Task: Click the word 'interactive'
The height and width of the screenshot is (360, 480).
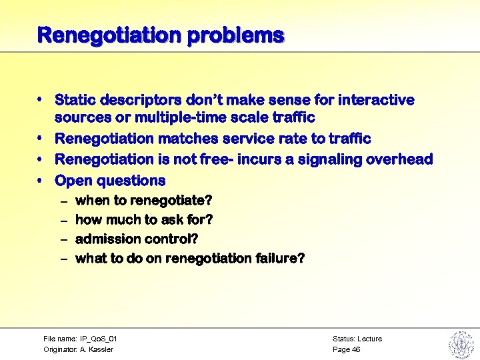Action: [x=377, y=100]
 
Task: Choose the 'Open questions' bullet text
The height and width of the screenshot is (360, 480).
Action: [x=110, y=181]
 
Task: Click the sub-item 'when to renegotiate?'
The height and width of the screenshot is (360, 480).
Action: [x=144, y=201]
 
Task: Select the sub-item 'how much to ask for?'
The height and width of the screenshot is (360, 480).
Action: [x=144, y=220]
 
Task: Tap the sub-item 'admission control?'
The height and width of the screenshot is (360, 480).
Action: [x=137, y=239]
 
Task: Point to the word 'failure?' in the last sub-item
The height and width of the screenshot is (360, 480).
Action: [x=279, y=258]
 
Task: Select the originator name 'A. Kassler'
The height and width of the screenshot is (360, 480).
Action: [x=97, y=349]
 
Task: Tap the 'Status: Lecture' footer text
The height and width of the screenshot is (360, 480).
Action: [x=357, y=339]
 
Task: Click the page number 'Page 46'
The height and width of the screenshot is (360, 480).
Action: [x=346, y=349]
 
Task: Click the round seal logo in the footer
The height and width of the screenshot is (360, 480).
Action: [x=461, y=344]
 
